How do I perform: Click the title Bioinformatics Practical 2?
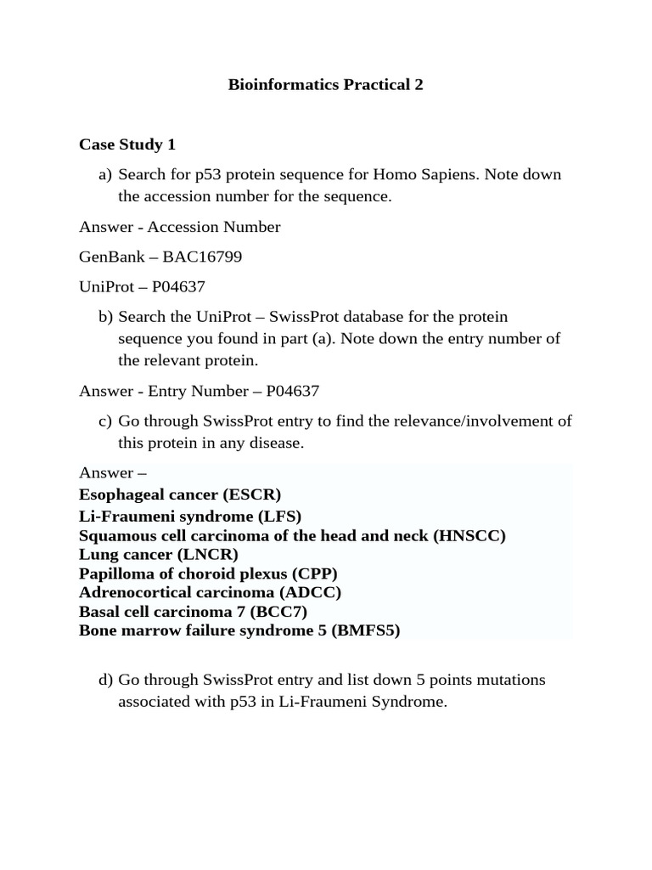pos(326,85)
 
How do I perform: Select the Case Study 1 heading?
pos(127,144)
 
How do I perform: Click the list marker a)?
pos(105,175)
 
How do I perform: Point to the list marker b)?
pos(105,317)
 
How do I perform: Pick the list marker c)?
pos(105,421)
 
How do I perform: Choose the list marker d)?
pos(105,681)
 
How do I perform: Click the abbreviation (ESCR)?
pos(254,494)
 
